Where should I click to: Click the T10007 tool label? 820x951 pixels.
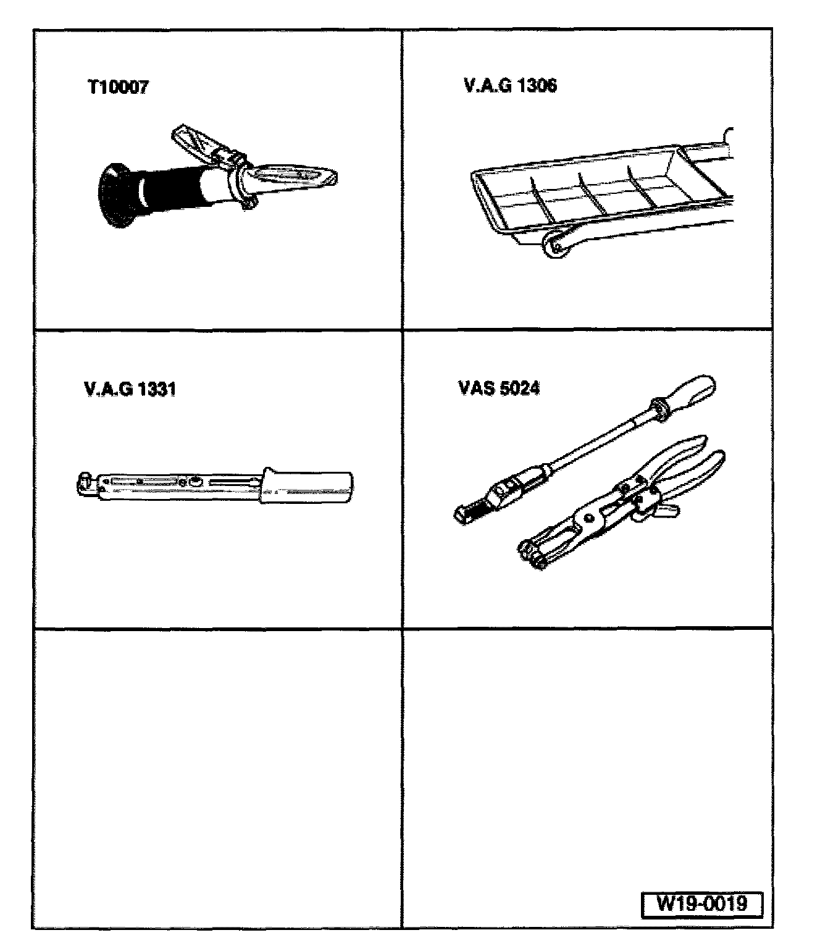point(117,87)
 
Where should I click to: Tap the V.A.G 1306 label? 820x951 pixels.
point(510,85)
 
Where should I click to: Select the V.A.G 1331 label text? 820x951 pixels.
point(129,389)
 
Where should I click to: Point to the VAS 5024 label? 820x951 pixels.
point(499,388)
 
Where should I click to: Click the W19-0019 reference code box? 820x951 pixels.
point(701,903)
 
